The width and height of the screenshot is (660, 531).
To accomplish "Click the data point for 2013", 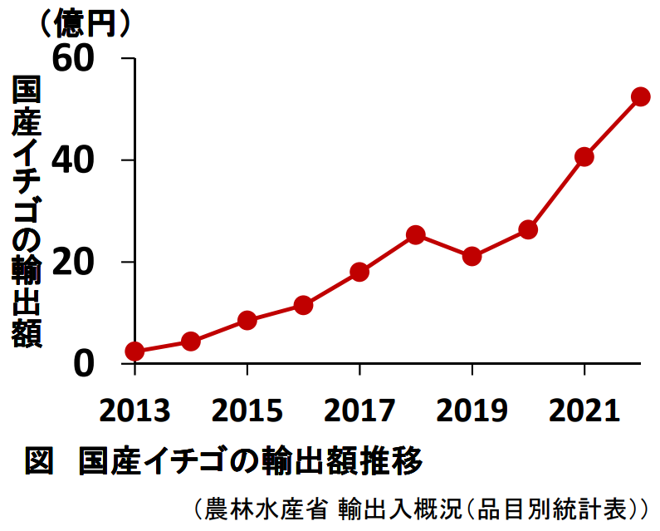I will point(134,352).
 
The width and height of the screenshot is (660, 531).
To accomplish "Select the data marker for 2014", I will point(191,341).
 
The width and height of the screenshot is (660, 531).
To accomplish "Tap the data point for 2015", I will point(247,320).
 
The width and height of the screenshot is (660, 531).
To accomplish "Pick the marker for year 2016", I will point(303,305).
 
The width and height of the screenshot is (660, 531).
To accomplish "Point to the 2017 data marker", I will point(359,272).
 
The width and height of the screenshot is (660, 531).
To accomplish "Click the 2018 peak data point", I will point(416,234).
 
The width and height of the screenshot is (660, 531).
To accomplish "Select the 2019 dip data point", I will point(472,256).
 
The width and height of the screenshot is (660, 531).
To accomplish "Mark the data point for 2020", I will point(528,229).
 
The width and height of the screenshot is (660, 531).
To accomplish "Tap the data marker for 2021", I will point(584,157).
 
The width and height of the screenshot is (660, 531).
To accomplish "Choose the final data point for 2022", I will point(640,96).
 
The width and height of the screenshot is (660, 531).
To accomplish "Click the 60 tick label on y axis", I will point(81,59).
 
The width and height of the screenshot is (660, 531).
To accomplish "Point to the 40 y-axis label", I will point(81,160).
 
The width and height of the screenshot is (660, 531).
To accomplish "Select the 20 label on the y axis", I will point(81,263).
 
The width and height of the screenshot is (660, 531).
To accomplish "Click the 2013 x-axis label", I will point(134,410).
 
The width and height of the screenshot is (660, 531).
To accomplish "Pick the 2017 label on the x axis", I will point(359,410).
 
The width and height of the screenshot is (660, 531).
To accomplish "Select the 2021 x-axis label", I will point(584,410).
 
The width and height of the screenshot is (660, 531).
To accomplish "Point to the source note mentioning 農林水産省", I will point(420,507).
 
